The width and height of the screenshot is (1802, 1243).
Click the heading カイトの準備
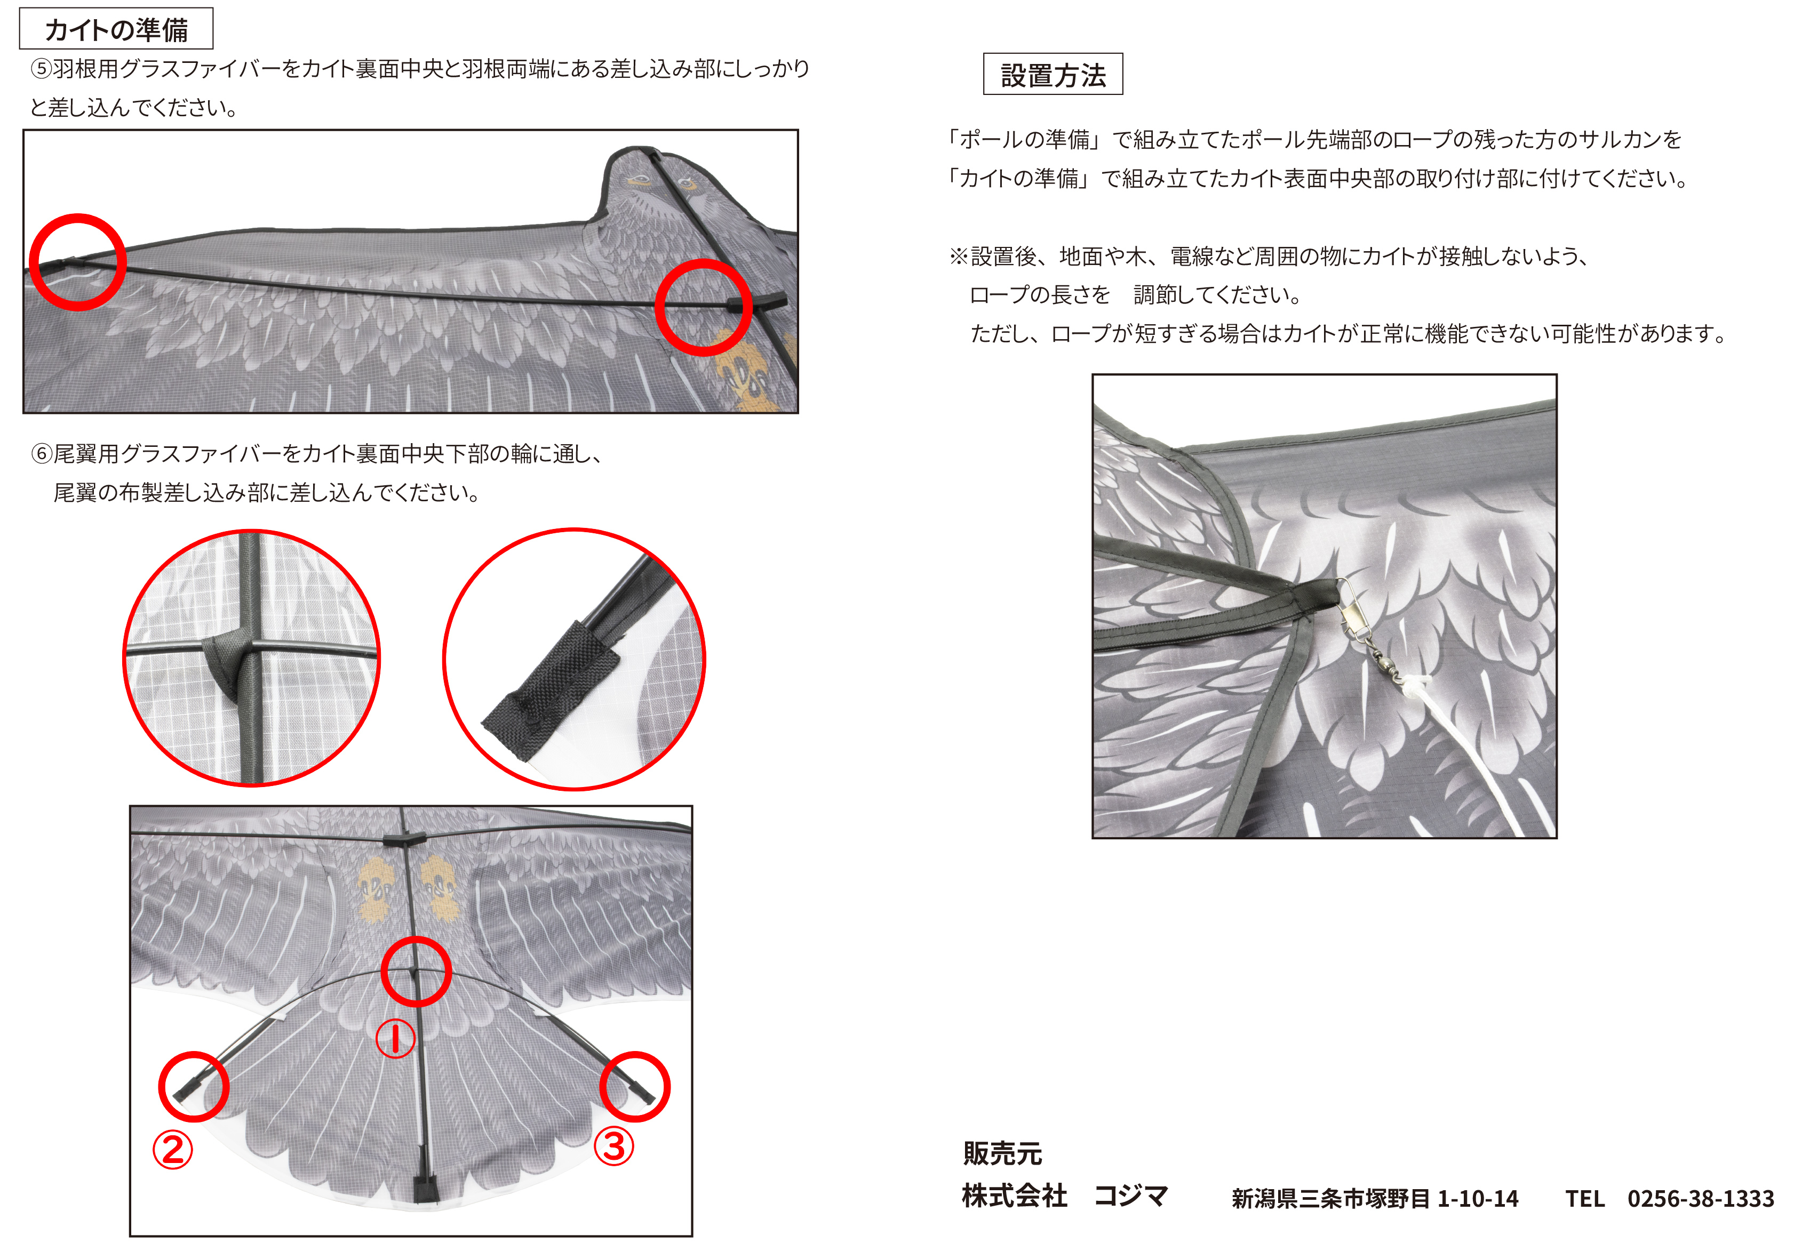pyautogui.click(x=116, y=30)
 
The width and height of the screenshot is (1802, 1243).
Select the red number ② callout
pyautogui.click(x=173, y=1150)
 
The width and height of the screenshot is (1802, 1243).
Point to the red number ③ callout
pyautogui.click(x=614, y=1147)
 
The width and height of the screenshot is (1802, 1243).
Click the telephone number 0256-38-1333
pyautogui.click(x=1701, y=1199)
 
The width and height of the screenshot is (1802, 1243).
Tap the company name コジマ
pyautogui.click(x=1130, y=1196)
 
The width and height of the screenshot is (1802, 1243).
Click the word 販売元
pyautogui.click(x=1002, y=1153)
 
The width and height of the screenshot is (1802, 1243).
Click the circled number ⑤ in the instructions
pyautogui.click(x=41, y=69)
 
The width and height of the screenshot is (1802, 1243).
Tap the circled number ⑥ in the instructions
pyautogui.click(x=41, y=454)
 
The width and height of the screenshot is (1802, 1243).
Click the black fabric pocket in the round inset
pyautogui.click(x=552, y=691)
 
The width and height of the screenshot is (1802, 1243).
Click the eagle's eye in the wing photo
pyautogui.click(x=640, y=181)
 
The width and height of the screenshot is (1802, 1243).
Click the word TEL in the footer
pyautogui.click(x=1585, y=1199)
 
